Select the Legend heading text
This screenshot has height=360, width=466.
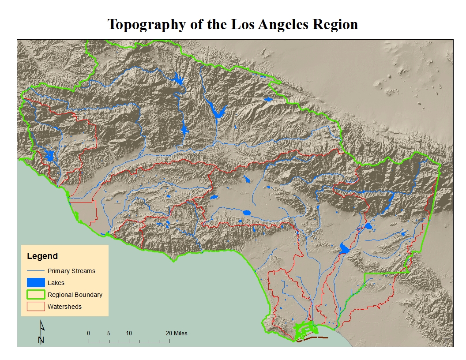42,256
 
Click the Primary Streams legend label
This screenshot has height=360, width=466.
71,271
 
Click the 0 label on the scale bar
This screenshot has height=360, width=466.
89,333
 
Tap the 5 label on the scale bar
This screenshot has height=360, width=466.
109,333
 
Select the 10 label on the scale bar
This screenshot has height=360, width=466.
128,333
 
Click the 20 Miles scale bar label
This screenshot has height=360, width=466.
177,333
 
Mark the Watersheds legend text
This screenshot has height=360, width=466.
65,307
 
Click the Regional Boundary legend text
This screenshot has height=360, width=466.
75,295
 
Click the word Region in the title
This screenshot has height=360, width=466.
335,24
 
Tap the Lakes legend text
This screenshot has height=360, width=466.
56,283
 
